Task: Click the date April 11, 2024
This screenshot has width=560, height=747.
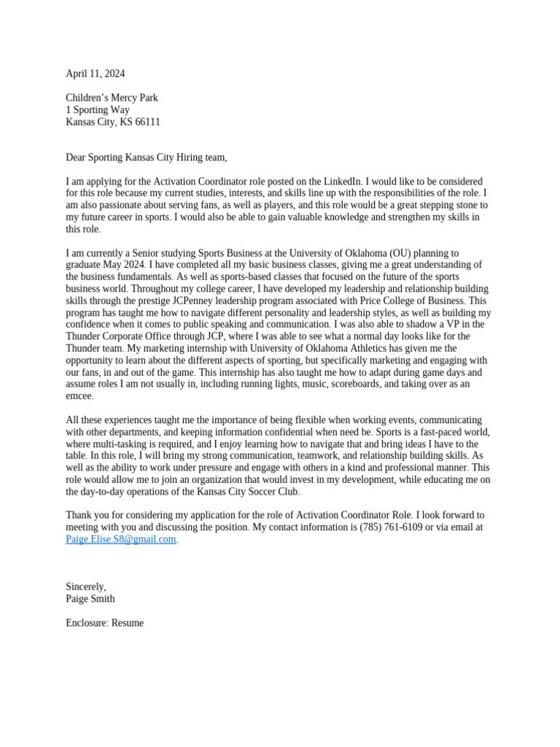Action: coord(95,74)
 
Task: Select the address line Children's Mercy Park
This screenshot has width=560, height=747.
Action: coord(112,98)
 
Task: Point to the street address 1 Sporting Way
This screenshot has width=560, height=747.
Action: coord(98,110)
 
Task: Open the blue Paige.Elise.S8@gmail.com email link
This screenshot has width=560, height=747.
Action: coord(121,539)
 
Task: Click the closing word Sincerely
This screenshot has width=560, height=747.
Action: coord(86,587)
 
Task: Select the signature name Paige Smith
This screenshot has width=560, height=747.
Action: coord(90,599)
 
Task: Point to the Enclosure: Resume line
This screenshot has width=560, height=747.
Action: coord(105,623)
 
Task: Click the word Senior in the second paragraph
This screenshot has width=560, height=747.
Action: coord(146,253)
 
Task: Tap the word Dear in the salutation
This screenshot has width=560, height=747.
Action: coord(76,158)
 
